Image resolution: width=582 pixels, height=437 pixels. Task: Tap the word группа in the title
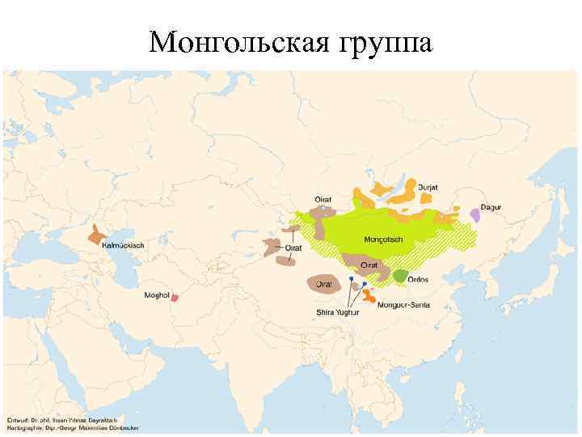pos(380,42)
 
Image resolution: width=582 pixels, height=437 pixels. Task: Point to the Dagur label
pos(491,207)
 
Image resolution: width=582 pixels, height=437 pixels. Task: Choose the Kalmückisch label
pos(122,245)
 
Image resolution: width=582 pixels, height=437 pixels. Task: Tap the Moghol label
pos(156,295)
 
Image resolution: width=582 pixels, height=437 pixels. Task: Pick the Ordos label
pos(418,280)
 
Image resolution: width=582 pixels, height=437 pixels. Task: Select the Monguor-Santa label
pos(407,305)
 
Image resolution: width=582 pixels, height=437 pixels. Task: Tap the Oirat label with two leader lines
pos(293,247)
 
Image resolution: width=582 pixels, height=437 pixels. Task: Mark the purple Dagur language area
pos(474,214)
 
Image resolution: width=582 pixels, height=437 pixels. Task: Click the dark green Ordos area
pos(399,274)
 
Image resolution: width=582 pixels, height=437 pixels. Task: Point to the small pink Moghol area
pos(174,297)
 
